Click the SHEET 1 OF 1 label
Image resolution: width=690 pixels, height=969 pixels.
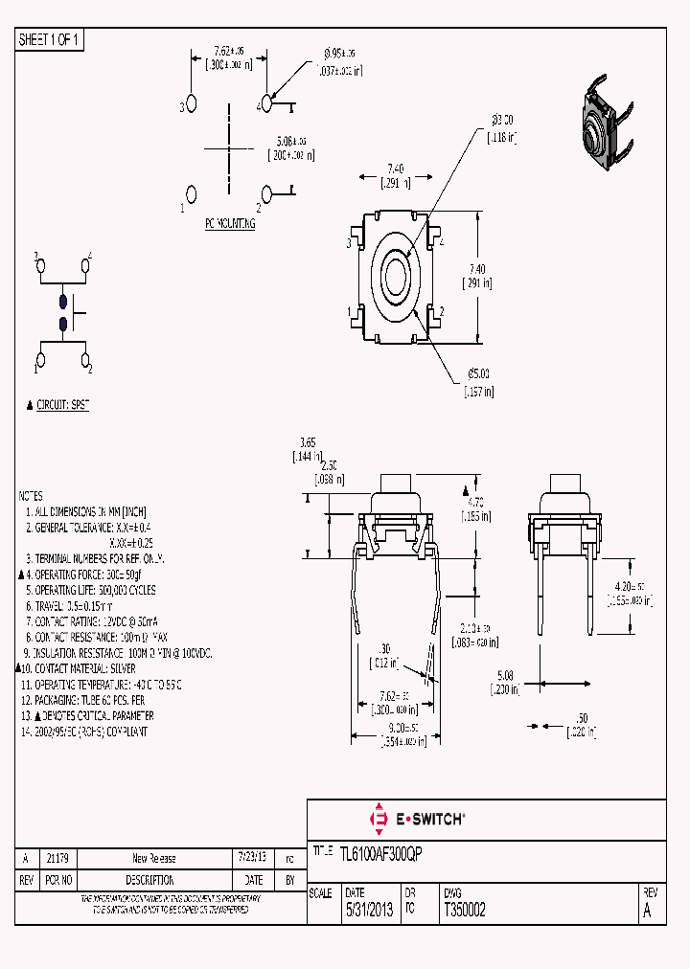tap(51, 39)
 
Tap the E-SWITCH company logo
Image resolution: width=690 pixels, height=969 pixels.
tap(418, 819)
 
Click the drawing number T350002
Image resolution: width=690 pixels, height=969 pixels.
tap(465, 911)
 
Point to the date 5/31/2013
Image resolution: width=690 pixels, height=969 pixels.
tap(368, 911)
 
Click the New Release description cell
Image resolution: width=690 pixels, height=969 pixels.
tap(153, 858)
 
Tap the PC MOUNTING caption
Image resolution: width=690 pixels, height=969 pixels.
tap(230, 223)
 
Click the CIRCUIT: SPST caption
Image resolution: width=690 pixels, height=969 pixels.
tap(62, 405)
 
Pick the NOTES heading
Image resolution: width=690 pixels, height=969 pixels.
tap(31, 496)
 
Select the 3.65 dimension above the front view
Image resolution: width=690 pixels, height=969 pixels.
tap(308, 442)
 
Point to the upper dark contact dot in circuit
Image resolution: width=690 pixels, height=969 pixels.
tap(63, 299)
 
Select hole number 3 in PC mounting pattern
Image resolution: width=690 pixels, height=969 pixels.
tap(192, 102)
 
